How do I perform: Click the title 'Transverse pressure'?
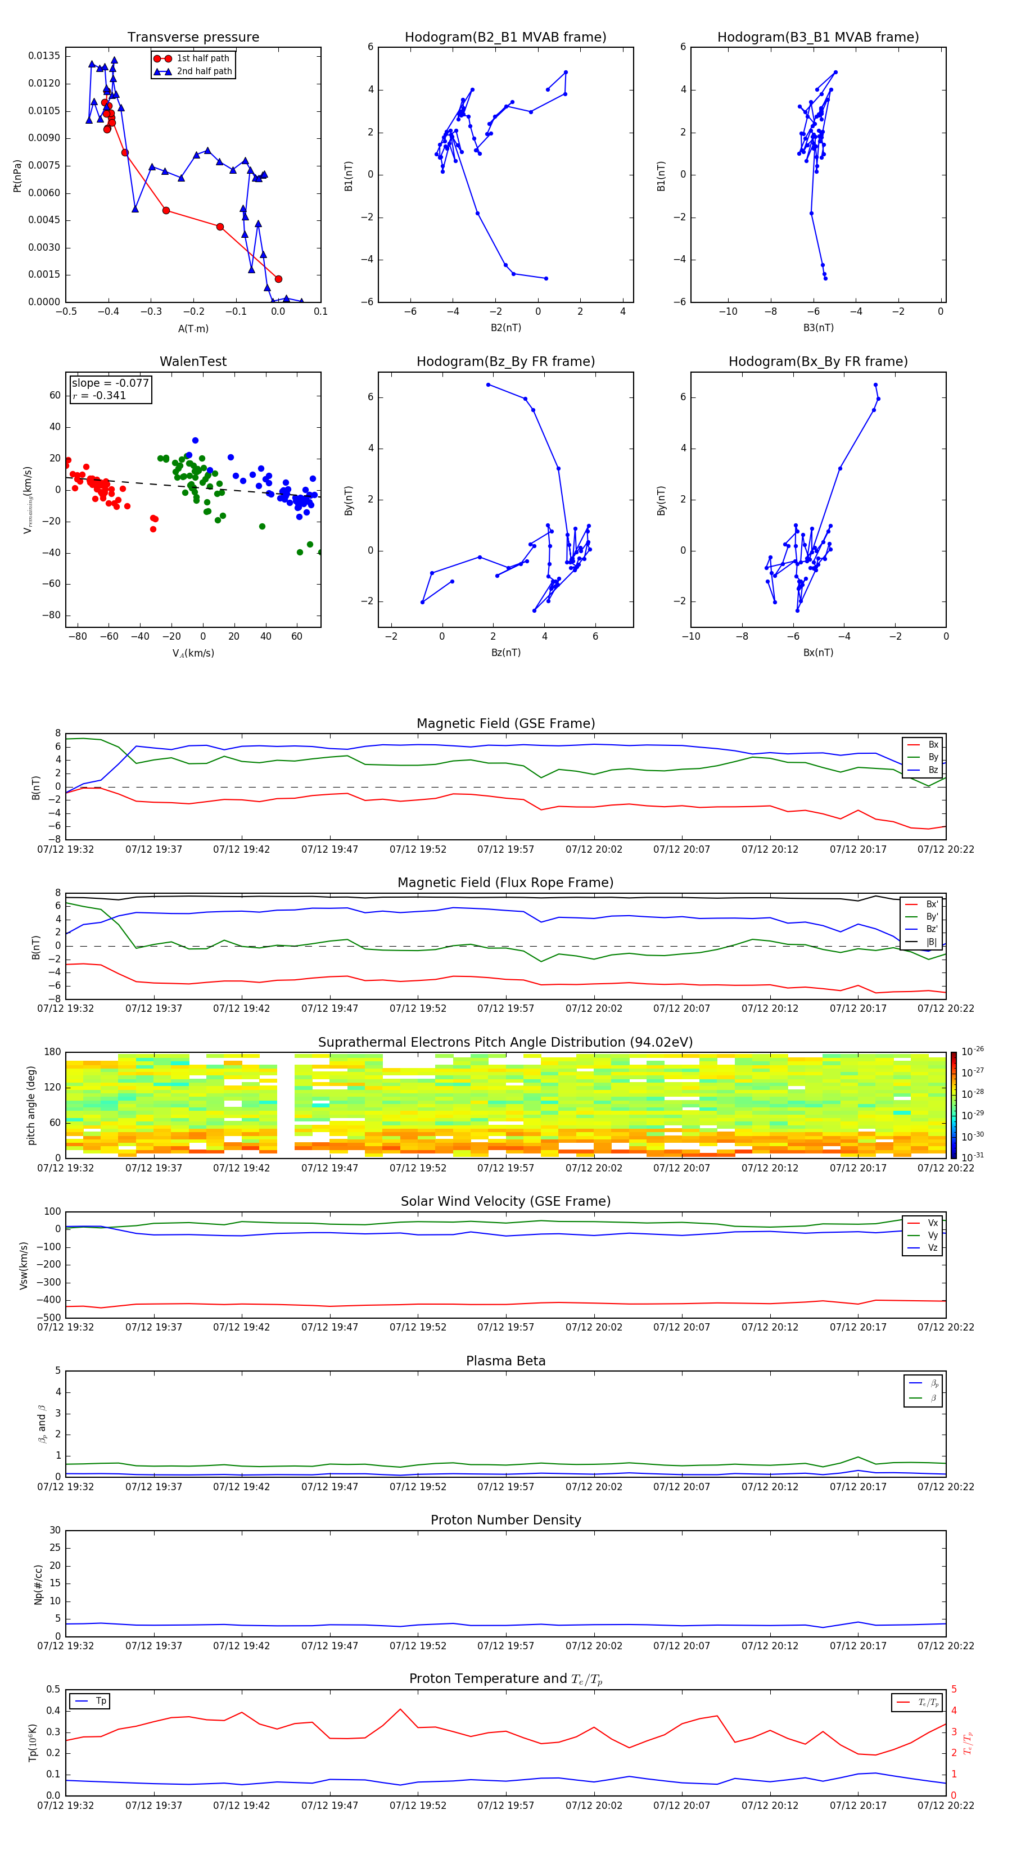point(193,38)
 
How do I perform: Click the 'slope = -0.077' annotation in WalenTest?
point(110,383)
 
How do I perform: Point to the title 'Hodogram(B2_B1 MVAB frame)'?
point(505,38)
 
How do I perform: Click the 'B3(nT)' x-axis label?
point(818,328)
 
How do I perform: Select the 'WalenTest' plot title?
point(193,361)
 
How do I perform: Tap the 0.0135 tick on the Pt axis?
point(44,56)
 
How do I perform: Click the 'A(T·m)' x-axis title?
point(193,328)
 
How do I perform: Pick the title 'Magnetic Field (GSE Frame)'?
point(505,723)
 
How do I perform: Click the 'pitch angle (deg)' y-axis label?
point(31,1105)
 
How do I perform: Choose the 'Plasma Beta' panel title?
point(505,1361)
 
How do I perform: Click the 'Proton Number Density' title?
point(505,1520)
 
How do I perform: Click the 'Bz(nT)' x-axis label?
point(505,653)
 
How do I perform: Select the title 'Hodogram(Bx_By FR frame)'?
point(817,361)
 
